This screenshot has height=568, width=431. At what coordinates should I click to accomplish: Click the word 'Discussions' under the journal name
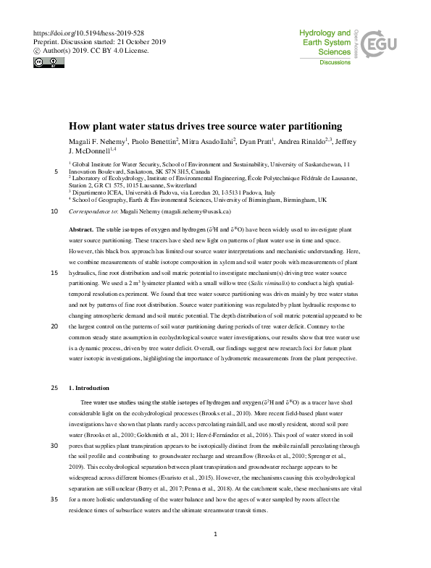(335, 63)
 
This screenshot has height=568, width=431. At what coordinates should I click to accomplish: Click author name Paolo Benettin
(152, 140)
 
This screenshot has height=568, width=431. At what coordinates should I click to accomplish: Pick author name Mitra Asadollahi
(209, 140)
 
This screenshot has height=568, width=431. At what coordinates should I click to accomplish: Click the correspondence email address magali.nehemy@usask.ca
(191, 211)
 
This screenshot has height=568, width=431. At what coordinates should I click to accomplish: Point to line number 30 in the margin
(54, 446)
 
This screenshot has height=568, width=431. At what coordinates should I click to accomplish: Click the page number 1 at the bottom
(216, 534)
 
